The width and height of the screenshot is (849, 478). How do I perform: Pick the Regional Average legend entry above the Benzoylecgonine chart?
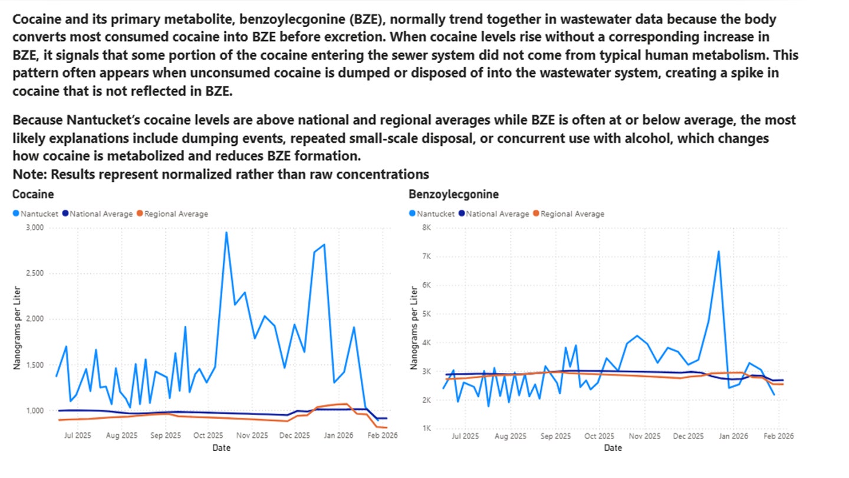click(571, 214)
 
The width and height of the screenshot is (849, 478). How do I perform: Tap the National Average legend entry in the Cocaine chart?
click(100, 214)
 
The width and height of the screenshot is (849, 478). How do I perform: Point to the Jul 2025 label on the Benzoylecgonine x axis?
click(465, 437)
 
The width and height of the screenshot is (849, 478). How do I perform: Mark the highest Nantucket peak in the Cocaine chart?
click(226, 233)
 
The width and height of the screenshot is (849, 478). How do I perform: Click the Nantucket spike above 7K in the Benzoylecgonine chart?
click(719, 251)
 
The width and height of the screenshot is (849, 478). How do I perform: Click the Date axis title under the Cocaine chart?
click(222, 448)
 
